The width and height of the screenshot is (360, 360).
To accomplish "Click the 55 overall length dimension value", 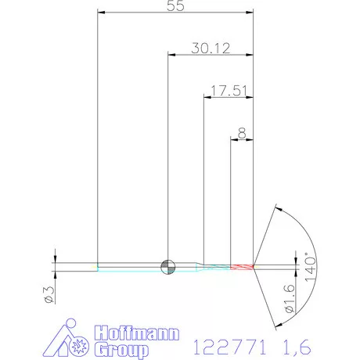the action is [x=175, y=5].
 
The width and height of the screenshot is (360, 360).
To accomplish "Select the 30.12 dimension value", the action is [x=211, y=49].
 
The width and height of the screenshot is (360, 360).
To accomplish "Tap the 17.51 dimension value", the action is [x=229, y=91].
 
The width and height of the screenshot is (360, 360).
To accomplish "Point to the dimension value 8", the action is [x=242, y=133].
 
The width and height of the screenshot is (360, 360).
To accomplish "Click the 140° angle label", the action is [x=310, y=267].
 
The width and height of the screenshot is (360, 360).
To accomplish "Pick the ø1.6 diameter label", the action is [x=290, y=298].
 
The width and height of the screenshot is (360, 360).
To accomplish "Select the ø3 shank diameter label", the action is [x=49, y=295].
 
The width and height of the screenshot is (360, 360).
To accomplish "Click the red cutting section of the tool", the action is [x=242, y=267].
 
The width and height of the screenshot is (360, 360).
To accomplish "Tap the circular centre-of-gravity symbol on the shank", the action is [x=168, y=267].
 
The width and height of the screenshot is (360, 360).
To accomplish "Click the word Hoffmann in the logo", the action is [x=137, y=333].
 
